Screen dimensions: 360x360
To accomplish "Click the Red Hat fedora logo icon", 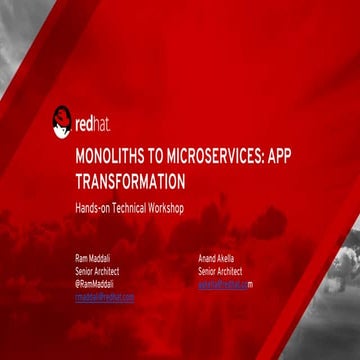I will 62,122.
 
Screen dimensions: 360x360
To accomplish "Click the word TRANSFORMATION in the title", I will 130,182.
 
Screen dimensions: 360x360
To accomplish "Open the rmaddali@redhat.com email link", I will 105,297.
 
